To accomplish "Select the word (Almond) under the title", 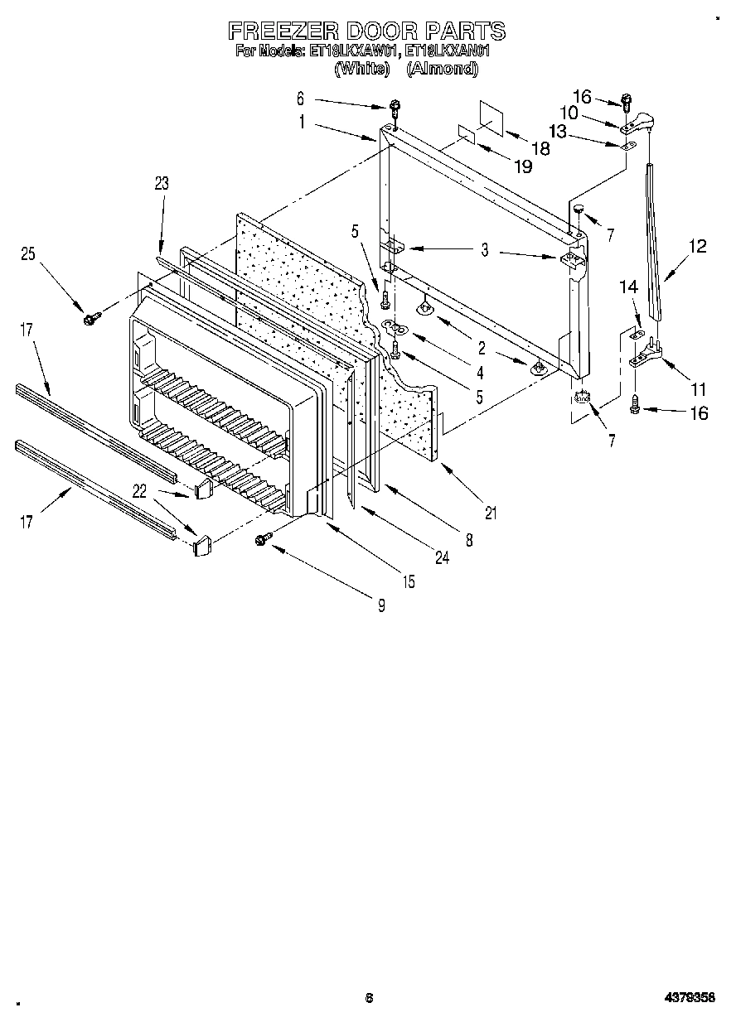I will (x=442, y=70).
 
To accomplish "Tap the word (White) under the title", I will (x=361, y=70).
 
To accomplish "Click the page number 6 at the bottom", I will (x=369, y=998).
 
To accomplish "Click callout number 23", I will (x=161, y=184).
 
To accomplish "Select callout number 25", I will (x=28, y=254).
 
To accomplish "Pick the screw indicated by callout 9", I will (x=263, y=539).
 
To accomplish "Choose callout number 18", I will (x=540, y=149).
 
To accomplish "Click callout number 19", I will (x=522, y=167).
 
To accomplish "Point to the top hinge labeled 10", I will (x=639, y=125).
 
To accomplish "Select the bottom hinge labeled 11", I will (x=646, y=358).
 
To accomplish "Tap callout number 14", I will (x=629, y=287).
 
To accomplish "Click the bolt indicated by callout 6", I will (x=396, y=108).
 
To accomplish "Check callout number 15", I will (x=409, y=581).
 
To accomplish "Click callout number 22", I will (x=140, y=491).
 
